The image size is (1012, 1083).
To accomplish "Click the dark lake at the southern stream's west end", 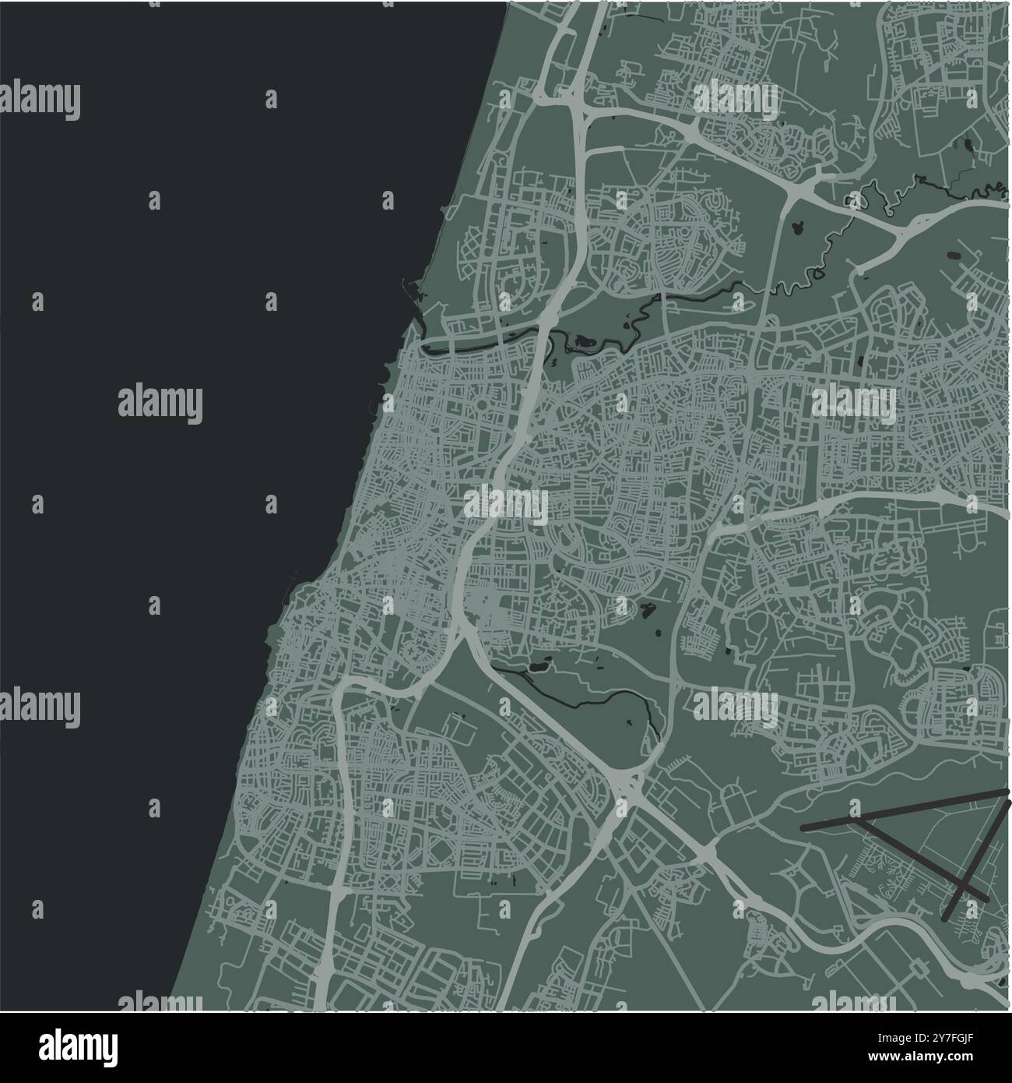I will pos(537,667).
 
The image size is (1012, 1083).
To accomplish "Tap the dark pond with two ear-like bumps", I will pos(796,228).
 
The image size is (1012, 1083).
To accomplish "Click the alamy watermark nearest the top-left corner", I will pos(40,101).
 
